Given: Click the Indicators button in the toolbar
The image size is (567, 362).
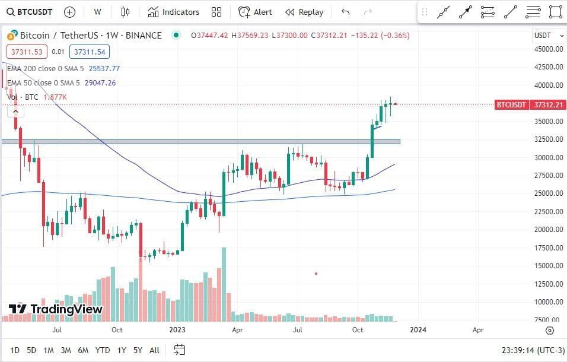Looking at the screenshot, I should (x=174, y=12).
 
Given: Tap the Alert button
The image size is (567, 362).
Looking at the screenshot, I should (x=256, y=12).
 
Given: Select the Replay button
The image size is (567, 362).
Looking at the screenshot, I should (x=304, y=12).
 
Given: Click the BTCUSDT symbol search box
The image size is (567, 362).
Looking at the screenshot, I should (x=30, y=12).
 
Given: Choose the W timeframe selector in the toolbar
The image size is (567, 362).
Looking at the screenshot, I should (x=97, y=12).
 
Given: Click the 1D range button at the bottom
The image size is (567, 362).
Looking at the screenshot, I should (x=15, y=350).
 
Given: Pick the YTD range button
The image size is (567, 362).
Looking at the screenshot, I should (x=103, y=350).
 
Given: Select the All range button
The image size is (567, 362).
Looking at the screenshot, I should (x=154, y=350).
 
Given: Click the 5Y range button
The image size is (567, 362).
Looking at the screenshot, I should (x=138, y=350).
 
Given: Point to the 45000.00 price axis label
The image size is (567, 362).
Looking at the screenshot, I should (x=548, y=49).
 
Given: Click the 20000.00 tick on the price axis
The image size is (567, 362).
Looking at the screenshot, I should (x=548, y=230).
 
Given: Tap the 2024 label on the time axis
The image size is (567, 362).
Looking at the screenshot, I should (x=418, y=329).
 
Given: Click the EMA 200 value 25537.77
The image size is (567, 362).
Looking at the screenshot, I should (x=104, y=69).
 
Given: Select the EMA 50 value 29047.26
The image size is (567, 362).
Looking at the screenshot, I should (x=100, y=83).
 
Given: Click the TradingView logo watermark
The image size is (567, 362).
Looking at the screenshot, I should (x=56, y=309).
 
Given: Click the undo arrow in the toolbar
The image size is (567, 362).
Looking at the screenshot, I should (x=346, y=12).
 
